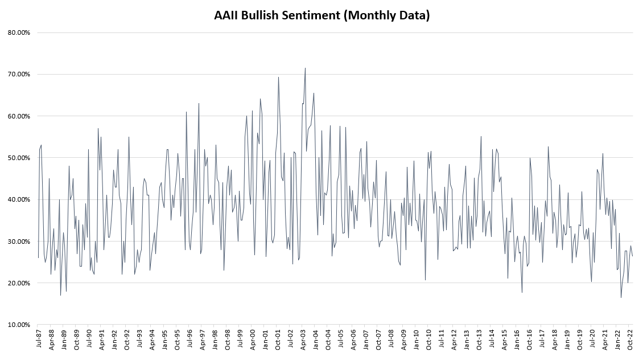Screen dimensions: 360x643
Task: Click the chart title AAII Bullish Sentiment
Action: pos(321,15)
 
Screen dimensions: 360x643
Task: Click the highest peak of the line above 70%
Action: pos(305,68)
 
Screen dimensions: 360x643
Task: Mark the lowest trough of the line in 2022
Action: pos(621,297)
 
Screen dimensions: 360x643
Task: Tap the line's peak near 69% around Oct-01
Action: pos(278,77)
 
